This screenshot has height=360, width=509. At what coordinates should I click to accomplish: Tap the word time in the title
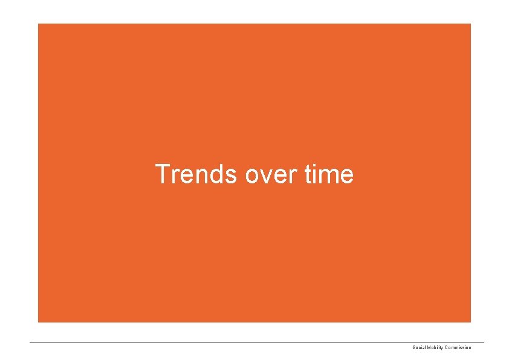(329, 174)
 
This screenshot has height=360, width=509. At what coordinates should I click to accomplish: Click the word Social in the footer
(419, 347)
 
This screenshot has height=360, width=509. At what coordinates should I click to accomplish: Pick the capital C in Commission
(447, 347)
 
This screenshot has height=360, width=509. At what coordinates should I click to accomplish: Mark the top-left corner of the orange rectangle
(38, 24)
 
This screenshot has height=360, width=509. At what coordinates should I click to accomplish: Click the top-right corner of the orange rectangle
(470, 24)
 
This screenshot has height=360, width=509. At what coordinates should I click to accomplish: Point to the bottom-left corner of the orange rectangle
(38, 322)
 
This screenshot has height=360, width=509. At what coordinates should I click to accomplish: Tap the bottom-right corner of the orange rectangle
(470, 322)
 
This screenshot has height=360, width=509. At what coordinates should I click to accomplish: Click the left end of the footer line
(30, 343)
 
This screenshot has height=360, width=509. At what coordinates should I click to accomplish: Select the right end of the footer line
(484, 343)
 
